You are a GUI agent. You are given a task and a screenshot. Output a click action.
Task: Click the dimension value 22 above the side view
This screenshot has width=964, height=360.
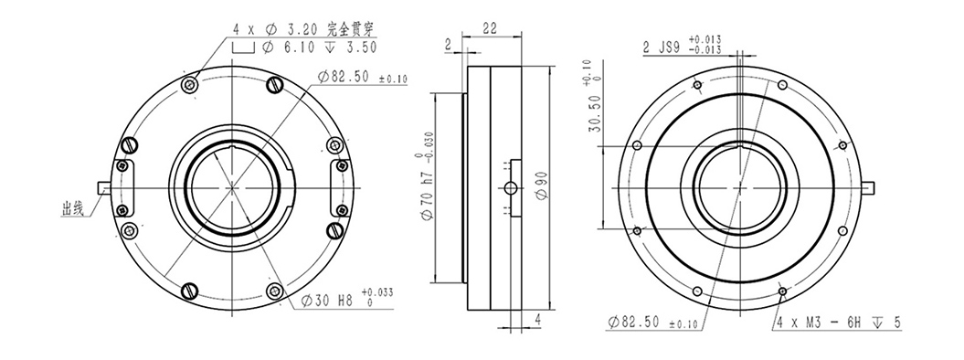click(x=490, y=27)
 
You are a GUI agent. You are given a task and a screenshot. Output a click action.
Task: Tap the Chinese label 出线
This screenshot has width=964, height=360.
click(x=72, y=209)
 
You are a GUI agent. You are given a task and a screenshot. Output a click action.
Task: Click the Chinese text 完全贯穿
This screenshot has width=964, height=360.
click(x=350, y=28)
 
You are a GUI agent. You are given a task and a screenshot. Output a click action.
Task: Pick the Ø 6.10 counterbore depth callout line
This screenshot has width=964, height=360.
click(x=320, y=47)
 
